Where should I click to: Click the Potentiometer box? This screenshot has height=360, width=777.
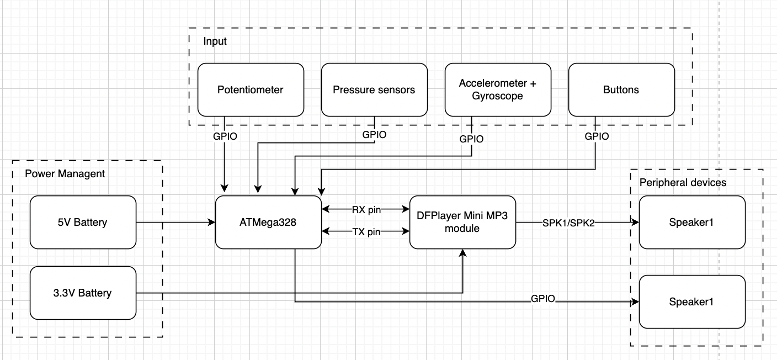(x=251, y=89)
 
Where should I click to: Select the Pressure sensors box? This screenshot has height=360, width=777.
(x=374, y=89)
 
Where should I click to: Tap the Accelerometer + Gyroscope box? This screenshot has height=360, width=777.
(x=498, y=89)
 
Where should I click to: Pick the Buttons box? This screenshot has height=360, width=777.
(x=621, y=89)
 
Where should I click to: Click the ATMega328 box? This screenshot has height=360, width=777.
(x=268, y=222)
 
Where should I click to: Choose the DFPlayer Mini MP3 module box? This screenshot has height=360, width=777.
(x=462, y=222)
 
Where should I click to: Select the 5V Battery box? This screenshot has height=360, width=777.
(x=83, y=222)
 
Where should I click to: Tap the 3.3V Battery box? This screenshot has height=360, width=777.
(x=83, y=293)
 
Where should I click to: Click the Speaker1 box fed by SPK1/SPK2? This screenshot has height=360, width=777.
(x=692, y=222)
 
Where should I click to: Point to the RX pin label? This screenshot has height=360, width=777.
(x=366, y=210)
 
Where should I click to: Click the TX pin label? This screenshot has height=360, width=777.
(x=366, y=232)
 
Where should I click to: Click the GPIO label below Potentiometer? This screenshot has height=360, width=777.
(x=225, y=136)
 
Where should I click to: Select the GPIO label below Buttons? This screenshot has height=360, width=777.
(x=597, y=136)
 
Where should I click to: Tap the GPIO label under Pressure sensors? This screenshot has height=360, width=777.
(x=375, y=134)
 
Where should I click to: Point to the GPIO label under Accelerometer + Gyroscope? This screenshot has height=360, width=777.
(x=471, y=139)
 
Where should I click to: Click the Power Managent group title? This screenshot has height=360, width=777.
(x=65, y=174)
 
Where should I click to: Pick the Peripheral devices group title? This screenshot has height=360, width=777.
(x=683, y=182)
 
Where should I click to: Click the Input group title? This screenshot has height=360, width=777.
(x=215, y=41)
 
